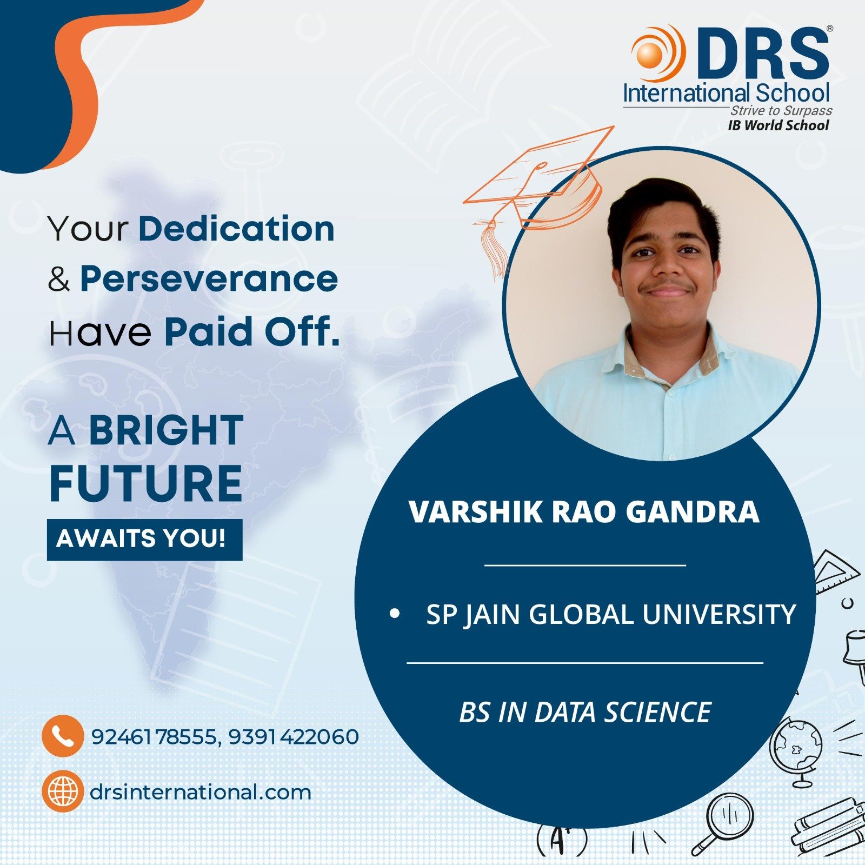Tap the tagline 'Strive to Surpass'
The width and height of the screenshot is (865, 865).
point(781,110)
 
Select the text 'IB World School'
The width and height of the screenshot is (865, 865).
point(778,125)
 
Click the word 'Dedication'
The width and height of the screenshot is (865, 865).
point(237,229)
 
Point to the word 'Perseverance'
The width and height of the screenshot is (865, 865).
point(209,280)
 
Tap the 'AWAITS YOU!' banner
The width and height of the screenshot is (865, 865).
point(144,539)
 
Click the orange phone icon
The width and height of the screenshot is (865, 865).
point(63,735)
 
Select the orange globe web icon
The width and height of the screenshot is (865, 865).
point(63,791)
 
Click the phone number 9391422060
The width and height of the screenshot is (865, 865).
point(294,736)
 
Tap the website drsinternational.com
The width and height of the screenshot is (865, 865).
point(201,793)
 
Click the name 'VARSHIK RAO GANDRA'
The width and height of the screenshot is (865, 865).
point(584,511)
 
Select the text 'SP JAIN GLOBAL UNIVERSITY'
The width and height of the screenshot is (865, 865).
point(611,614)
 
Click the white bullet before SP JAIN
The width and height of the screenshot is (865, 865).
point(395,614)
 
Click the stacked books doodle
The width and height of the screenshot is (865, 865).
point(828,830)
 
